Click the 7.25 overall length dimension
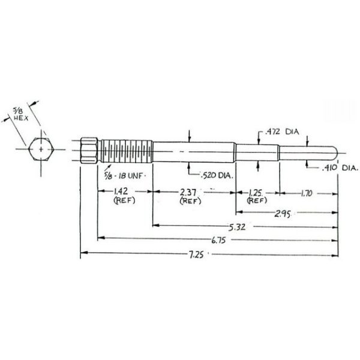(208, 255)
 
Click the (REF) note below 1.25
(257, 201)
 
